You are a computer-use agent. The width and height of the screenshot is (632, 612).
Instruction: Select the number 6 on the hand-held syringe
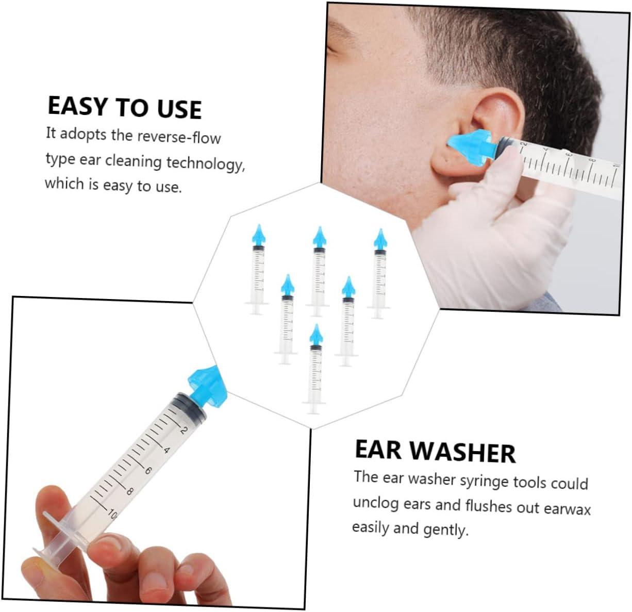[x=147, y=471]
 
